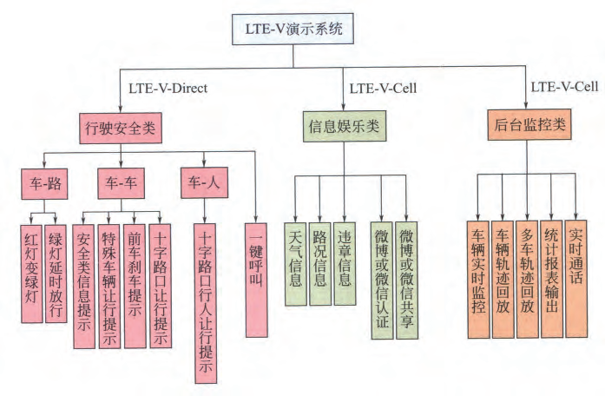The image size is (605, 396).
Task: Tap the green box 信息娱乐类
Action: coord(345,126)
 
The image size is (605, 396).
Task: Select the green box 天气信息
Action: coord(295,261)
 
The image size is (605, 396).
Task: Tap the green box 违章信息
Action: coord(345,261)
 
